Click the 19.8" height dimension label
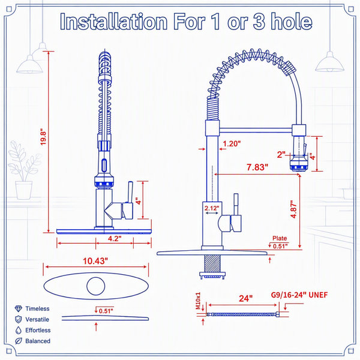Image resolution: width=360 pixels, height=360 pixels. point(43,138)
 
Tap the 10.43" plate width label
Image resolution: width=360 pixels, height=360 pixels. point(95,261)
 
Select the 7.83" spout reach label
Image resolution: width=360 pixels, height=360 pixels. point(257,167)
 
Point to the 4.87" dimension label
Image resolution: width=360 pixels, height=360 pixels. point(293,209)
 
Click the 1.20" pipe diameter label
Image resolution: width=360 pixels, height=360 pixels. point(232,144)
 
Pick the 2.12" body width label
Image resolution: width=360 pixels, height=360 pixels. point(212,208)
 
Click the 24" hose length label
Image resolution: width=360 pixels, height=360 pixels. point(245,298)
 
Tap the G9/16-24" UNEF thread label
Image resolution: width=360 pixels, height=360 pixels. point(299,295)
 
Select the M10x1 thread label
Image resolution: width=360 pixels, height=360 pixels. point(198,301)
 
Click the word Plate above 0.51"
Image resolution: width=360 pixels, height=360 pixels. point(280,238)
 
